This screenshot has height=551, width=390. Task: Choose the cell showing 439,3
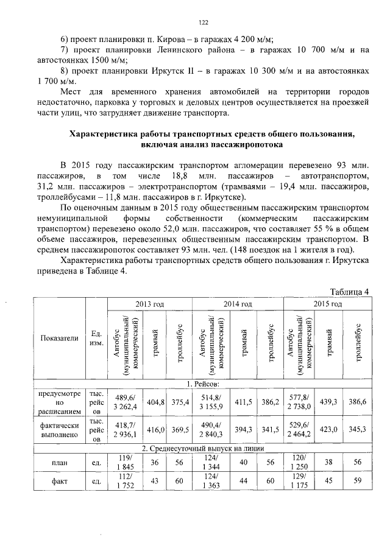[x=330, y=402]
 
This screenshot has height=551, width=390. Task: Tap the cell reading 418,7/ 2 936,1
[x=124, y=429]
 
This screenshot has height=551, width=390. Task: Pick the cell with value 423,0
[x=330, y=429]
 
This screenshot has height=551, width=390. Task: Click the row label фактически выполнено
[x=58, y=429]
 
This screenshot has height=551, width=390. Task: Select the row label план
[x=58, y=462]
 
